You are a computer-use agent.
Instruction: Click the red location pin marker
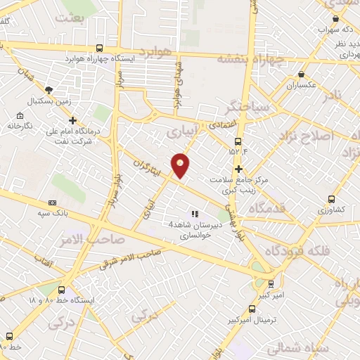pyautogui.click(x=181, y=165)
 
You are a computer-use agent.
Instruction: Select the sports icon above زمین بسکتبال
pyautogui.click(x=49, y=89)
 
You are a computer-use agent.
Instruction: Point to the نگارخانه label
pyautogui.click(x=20, y=125)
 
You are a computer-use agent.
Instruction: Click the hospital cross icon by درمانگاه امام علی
pyautogui.click(x=72, y=121)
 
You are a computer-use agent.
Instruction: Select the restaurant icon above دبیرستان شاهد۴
pyautogui.click(x=194, y=213)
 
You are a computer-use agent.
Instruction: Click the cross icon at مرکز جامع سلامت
pyautogui.click(x=239, y=169)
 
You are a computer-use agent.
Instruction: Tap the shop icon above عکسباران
pyautogui.click(x=302, y=75)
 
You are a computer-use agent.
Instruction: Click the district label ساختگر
pyautogui.click(x=247, y=107)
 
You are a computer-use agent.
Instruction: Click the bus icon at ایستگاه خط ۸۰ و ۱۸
pyautogui.click(x=62, y=289)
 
